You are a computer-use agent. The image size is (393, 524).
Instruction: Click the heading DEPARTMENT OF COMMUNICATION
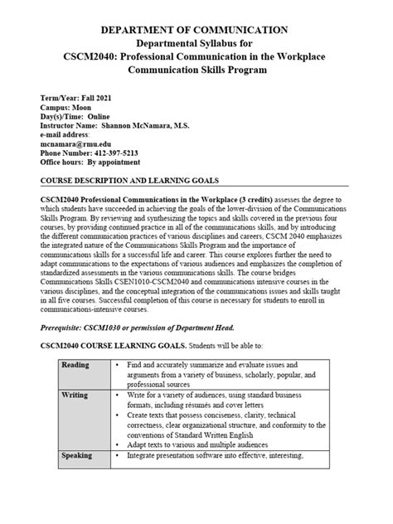pos(196,31)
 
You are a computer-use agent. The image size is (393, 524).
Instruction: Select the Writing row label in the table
pos(54,395)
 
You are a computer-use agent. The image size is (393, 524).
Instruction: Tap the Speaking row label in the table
pos(57,455)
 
